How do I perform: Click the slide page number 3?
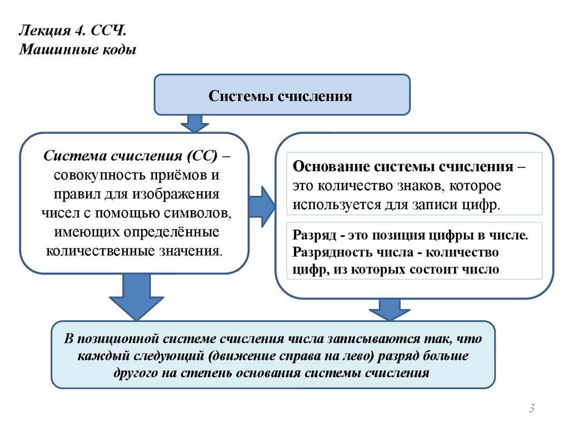click(532, 409)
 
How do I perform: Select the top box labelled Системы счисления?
click(281, 96)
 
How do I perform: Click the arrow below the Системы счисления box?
click(194, 123)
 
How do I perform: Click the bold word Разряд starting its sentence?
click(311, 234)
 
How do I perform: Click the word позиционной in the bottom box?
click(112, 339)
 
